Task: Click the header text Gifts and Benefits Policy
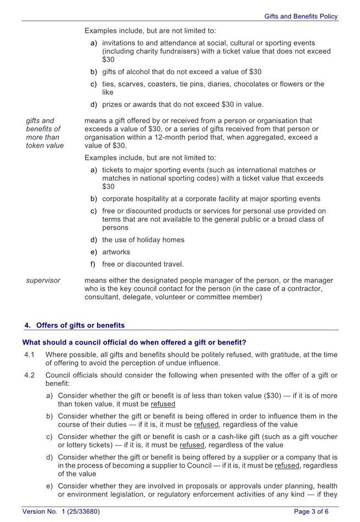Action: [x=301, y=17]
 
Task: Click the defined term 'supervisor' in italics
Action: [x=43, y=280]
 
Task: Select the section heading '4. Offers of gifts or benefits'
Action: [x=74, y=325]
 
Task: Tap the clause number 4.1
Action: [x=30, y=354]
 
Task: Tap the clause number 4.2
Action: [x=30, y=375]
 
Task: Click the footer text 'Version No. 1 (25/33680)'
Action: [x=61, y=512]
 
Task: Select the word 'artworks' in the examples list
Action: [x=116, y=252]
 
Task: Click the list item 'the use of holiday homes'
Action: [x=143, y=239]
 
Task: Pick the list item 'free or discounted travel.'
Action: [x=143, y=264]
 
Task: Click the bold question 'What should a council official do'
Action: [x=134, y=342]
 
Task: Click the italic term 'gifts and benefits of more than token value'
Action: [x=44, y=133]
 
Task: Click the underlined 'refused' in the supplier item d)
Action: [x=287, y=465]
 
